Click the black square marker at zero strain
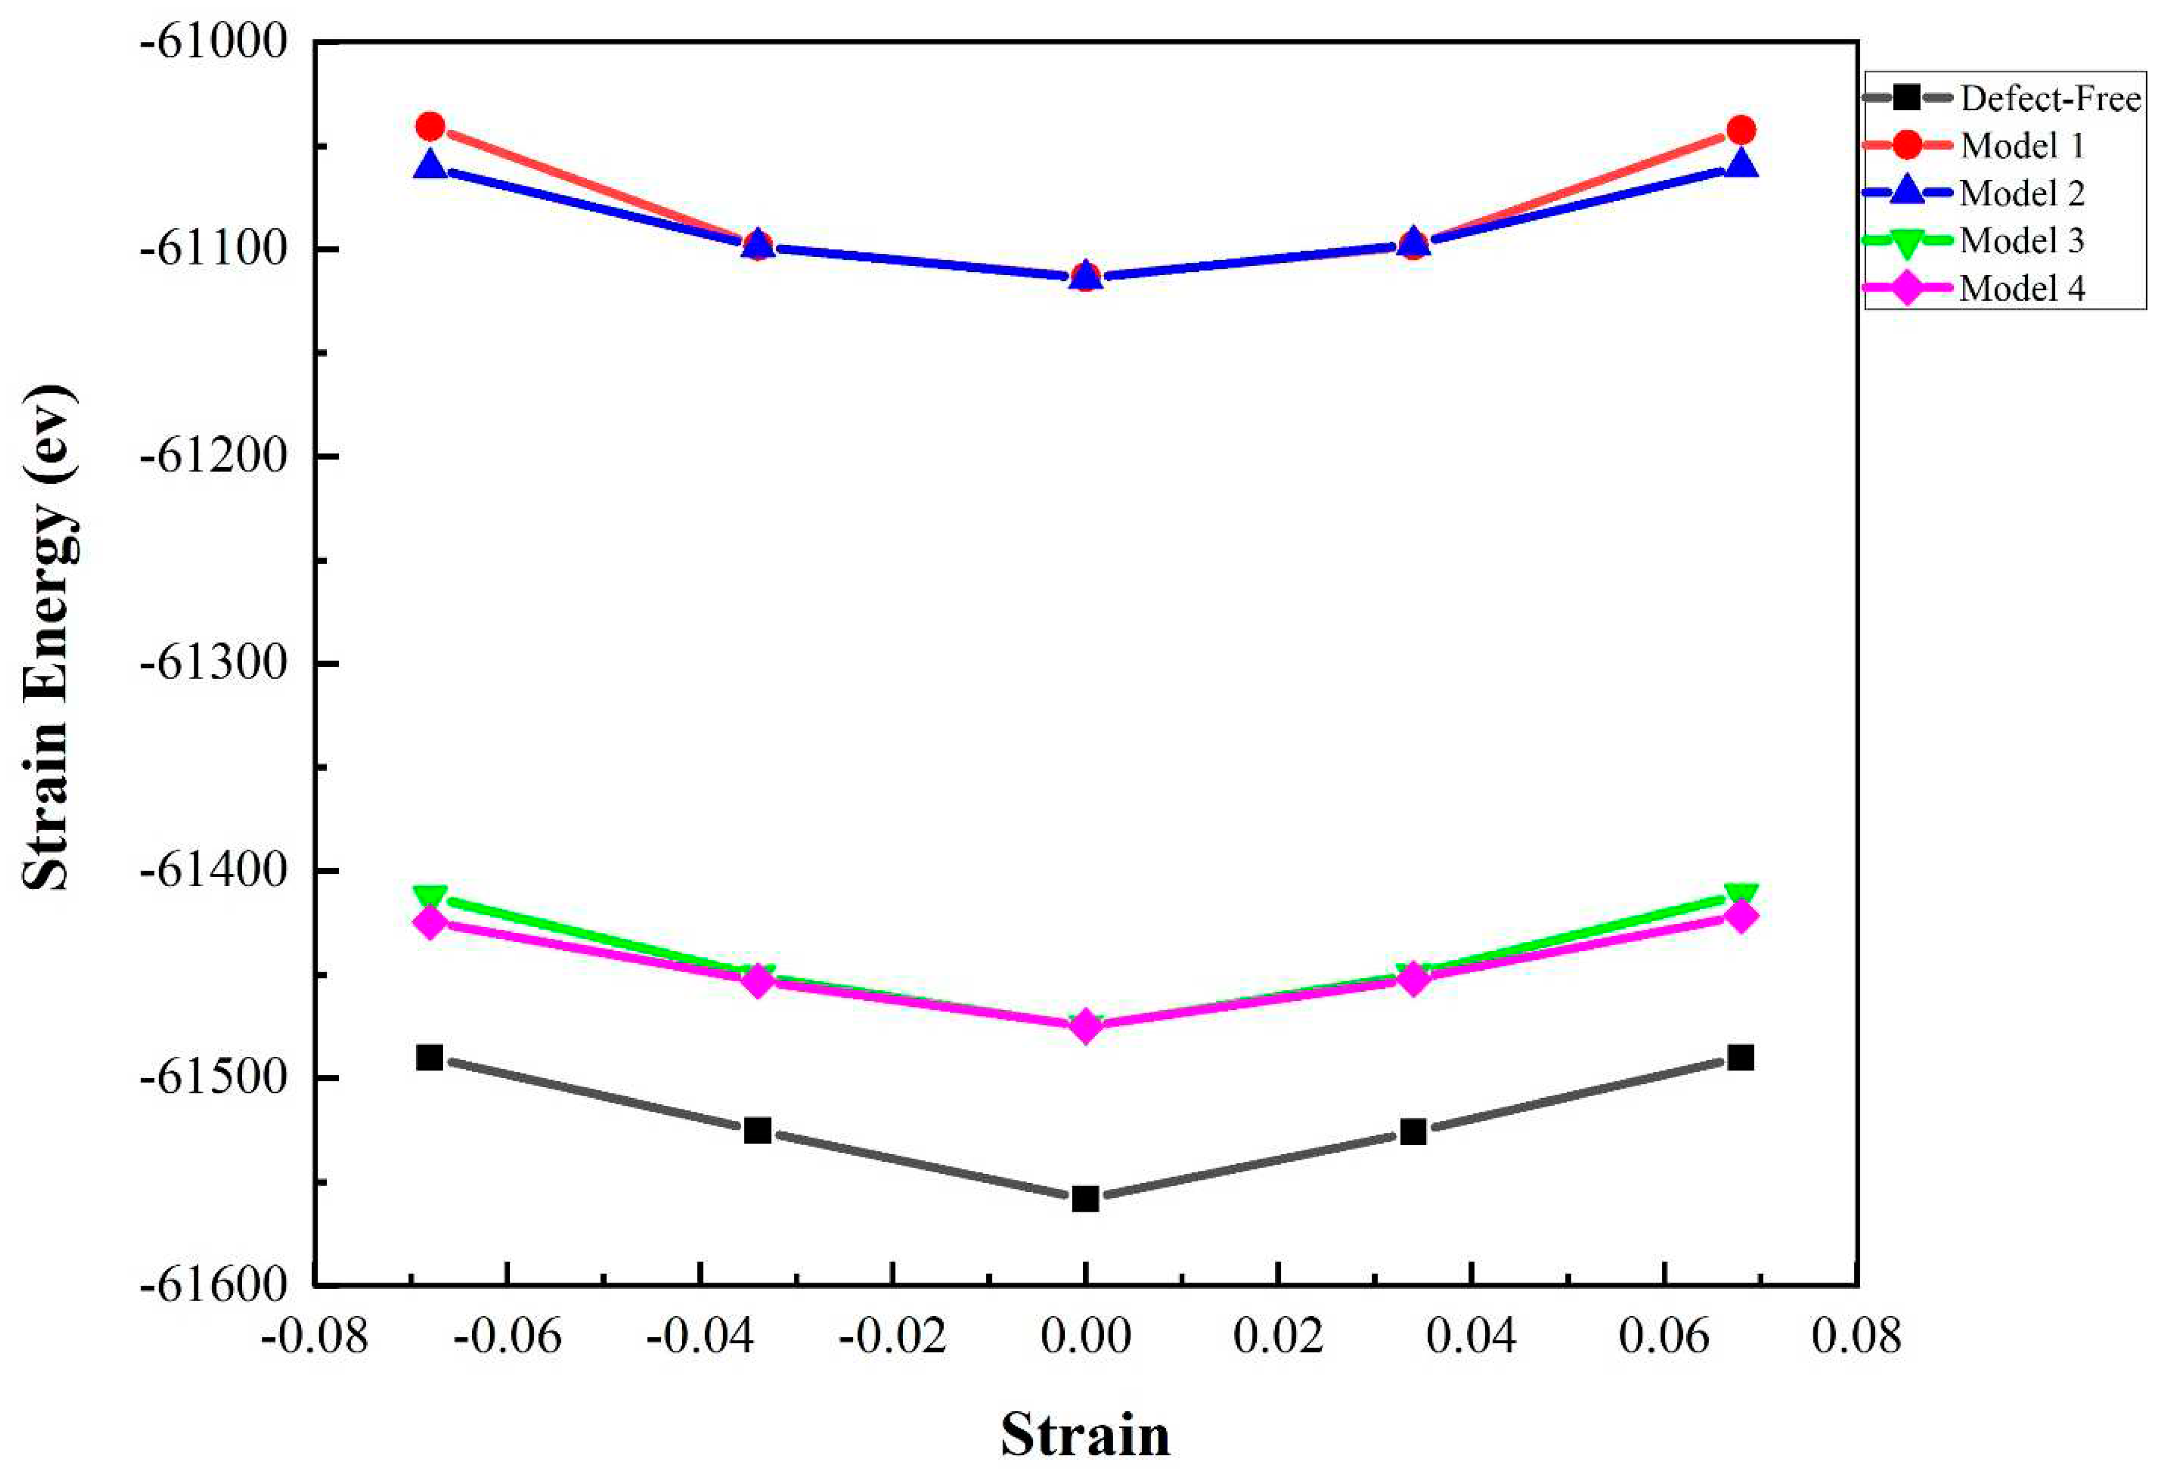[1085, 1198]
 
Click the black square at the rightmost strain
[1741, 1058]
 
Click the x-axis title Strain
[1085, 1435]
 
